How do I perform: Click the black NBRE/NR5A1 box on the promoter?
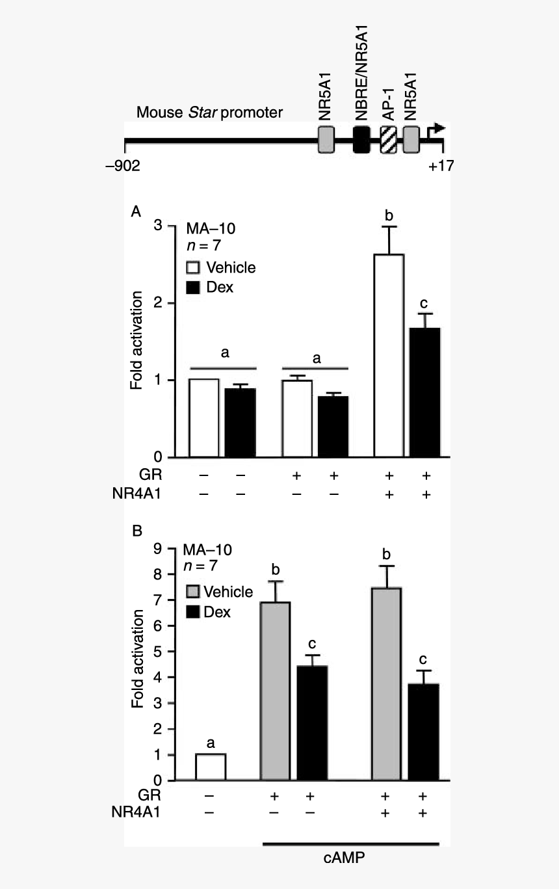[x=361, y=140]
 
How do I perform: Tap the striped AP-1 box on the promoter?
[x=389, y=140]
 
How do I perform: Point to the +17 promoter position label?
[x=441, y=166]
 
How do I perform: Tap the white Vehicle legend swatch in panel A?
[x=193, y=268]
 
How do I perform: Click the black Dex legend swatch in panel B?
[x=193, y=612]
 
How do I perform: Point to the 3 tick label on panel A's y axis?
[x=156, y=226]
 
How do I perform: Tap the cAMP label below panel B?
[x=344, y=858]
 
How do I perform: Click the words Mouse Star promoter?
[x=209, y=113]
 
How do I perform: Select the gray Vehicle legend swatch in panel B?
[x=193, y=592]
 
